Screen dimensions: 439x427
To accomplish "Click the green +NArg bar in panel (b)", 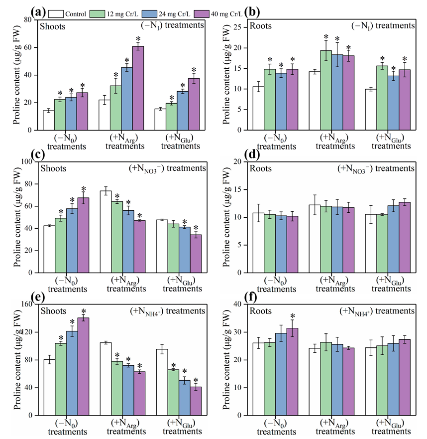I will coord(325,90).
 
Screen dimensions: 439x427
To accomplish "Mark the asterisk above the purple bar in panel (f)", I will coord(293,316).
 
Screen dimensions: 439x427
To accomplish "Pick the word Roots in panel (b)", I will coord(262,26).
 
